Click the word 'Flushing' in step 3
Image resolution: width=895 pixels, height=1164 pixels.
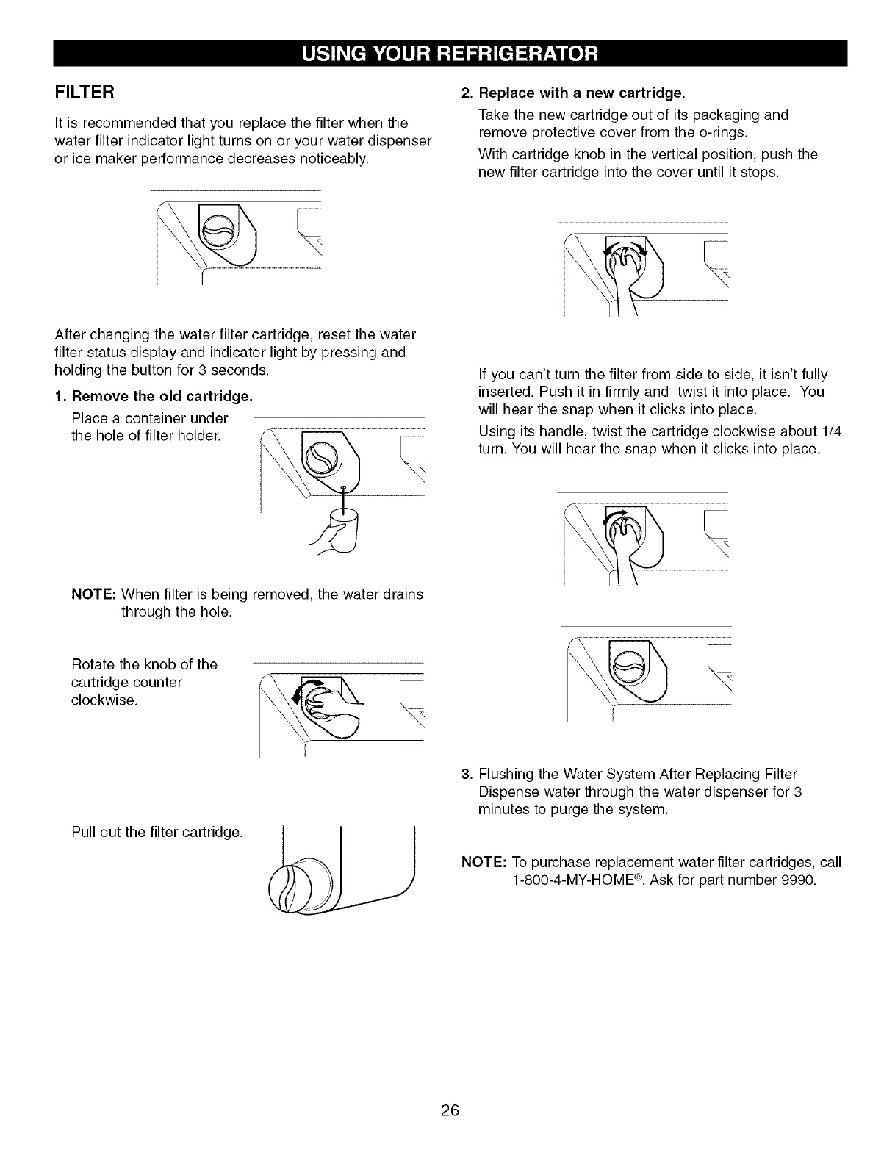tap(506, 774)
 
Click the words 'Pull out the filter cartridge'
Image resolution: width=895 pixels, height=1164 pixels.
tap(157, 833)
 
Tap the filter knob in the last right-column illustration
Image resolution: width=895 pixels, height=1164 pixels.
tap(630, 669)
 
